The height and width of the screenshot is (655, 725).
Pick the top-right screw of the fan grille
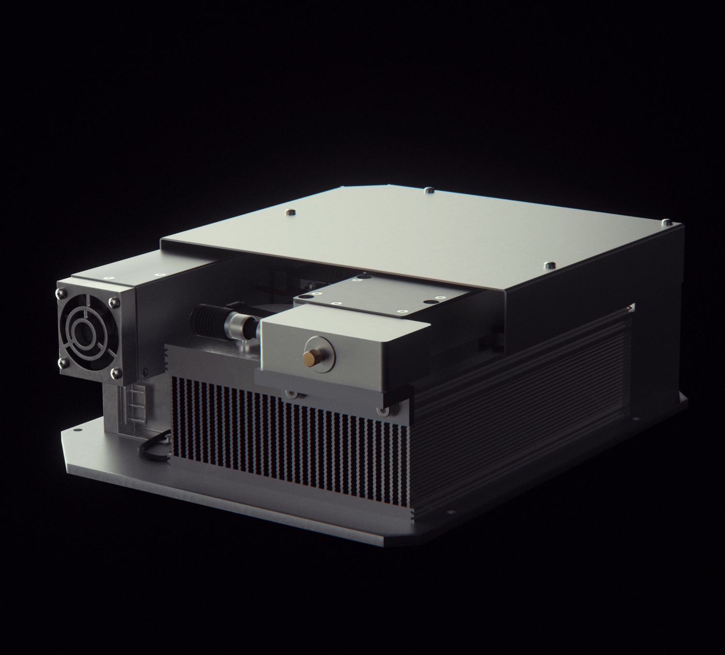pos(113,302)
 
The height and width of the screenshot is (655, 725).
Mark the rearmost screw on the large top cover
pos(428,190)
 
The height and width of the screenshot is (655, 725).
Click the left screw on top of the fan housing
pos(107,278)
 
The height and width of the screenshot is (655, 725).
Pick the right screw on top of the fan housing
pos(156,274)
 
